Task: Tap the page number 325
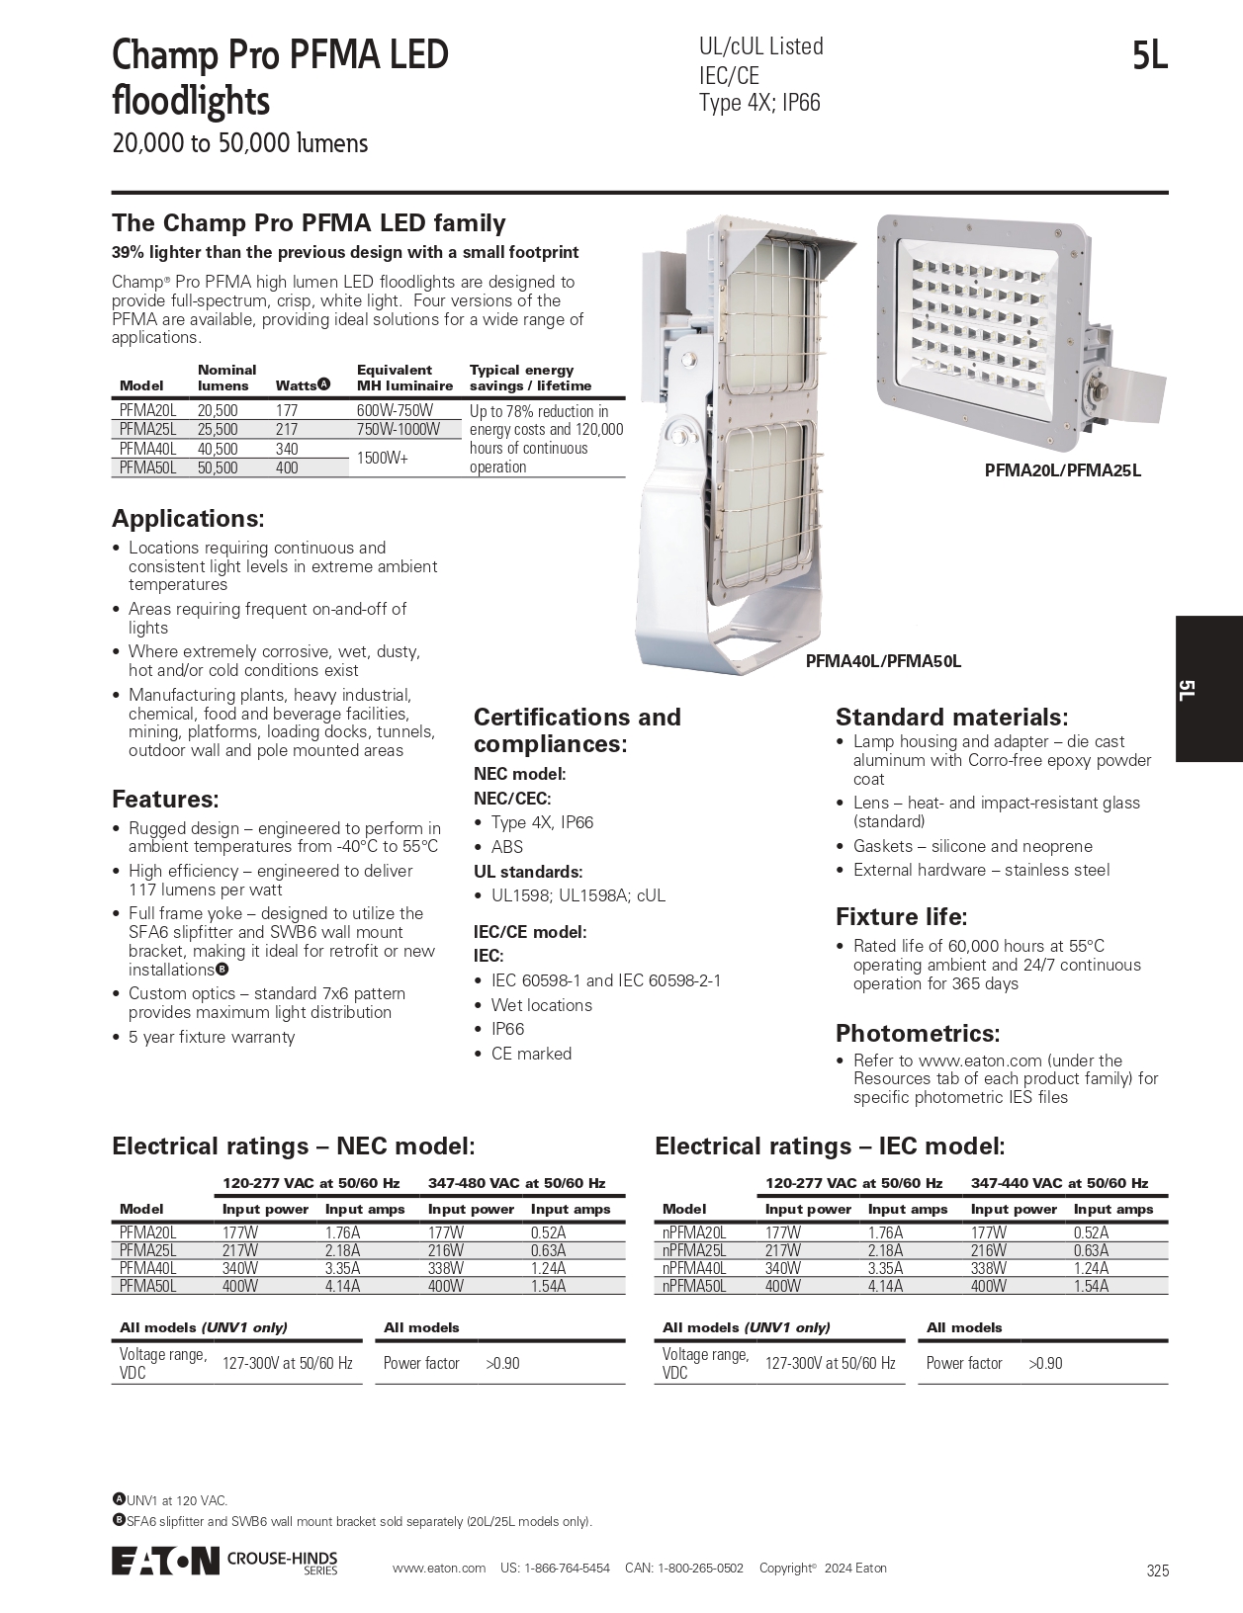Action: pyautogui.click(x=1158, y=1571)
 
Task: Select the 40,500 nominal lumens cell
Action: pyautogui.click(x=218, y=449)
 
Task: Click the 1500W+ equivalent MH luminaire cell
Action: pyautogui.click(x=383, y=459)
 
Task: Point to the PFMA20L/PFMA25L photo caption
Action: pyautogui.click(x=1062, y=470)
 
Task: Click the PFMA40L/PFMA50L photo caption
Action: pyautogui.click(x=883, y=661)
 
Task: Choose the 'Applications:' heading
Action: pyautogui.click(x=188, y=519)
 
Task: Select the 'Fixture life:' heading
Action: pyautogui.click(x=901, y=916)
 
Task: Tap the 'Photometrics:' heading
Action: pyautogui.click(x=918, y=1034)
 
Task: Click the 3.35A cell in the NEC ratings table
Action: pyautogui.click(x=342, y=1268)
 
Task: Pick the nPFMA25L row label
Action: pyautogui.click(x=694, y=1250)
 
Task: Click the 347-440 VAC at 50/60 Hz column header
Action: pyautogui.click(x=1059, y=1183)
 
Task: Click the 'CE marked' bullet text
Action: pyautogui.click(x=531, y=1054)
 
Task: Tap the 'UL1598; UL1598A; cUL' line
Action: pyautogui.click(x=578, y=895)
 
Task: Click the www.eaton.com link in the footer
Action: pyautogui.click(x=439, y=1569)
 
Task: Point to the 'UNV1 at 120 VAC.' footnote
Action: pyautogui.click(x=176, y=1500)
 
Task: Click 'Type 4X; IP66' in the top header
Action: pyautogui.click(x=759, y=103)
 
